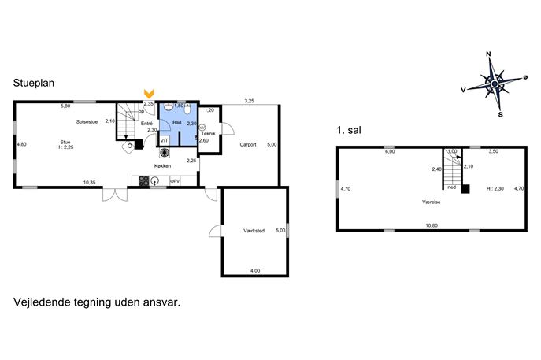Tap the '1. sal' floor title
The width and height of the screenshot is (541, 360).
(x=347, y=129)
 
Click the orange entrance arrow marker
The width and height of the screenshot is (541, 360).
(x=149, y=94)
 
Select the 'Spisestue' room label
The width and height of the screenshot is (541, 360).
(x=87, y=122)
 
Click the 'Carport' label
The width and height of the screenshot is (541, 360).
(x=248, y=145)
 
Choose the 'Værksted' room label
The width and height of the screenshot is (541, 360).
(x=254, y=231)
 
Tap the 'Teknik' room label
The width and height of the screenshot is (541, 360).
(x=208, y=134)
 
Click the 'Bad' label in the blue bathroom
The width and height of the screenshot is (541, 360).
(x=177, y=123)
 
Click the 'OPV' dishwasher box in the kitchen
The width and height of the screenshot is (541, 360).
(x=175, y=181)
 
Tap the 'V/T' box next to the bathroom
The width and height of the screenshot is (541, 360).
(x=164, y=140)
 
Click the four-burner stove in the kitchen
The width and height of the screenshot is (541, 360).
(x=143, y=181)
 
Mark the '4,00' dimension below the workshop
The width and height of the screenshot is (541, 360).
(x=254, y=271)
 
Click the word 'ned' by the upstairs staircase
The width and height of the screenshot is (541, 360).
(x=451, y=187)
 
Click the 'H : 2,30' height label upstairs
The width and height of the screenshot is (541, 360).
(x=495, y=189)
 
